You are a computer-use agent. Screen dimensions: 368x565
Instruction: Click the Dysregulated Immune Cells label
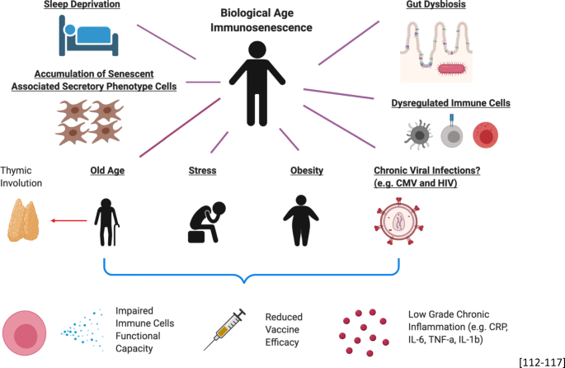[x=450, y=103]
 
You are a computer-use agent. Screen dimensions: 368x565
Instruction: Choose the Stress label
[x=202, y=171]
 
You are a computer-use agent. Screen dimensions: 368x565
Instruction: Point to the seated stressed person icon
[x=203, y=219]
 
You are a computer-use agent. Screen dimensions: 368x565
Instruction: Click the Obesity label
[x=306, y=171]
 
